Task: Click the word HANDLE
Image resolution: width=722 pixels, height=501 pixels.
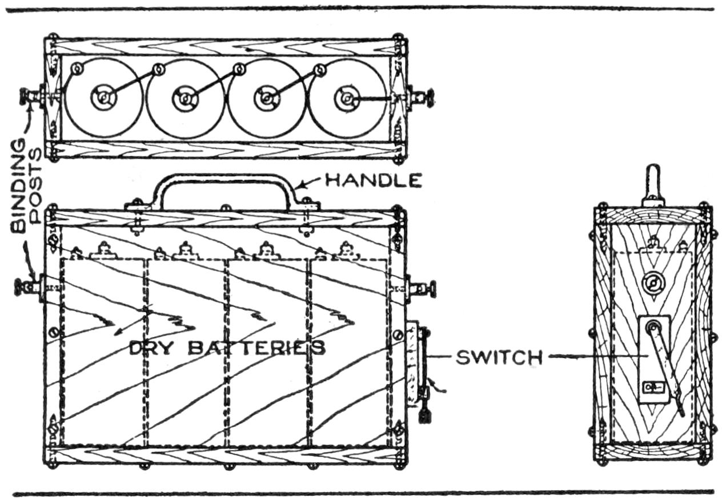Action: [x=373, y=180]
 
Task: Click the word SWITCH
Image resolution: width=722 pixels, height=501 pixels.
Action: [x=499, y=358]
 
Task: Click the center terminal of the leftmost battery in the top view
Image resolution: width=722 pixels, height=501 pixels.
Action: [x=103, y=98]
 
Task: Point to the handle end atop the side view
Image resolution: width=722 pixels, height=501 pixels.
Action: [x=653, y=179]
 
